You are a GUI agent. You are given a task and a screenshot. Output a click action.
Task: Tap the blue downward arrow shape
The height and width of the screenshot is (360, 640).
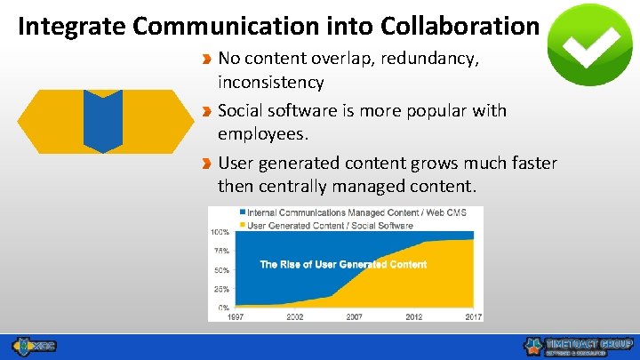coord(103,121)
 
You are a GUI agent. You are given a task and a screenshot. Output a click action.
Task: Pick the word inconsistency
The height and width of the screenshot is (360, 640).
coord(270,82)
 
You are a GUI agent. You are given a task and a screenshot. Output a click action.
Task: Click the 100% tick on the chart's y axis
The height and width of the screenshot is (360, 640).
coord(220,231)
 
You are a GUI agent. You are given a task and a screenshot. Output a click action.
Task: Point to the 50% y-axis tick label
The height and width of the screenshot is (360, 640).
coord(221,270)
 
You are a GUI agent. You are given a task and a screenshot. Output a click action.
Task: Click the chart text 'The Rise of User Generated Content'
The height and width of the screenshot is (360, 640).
coord(342,264)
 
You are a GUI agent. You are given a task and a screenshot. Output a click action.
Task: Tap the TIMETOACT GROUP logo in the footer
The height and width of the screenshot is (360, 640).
coord(579,347)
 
